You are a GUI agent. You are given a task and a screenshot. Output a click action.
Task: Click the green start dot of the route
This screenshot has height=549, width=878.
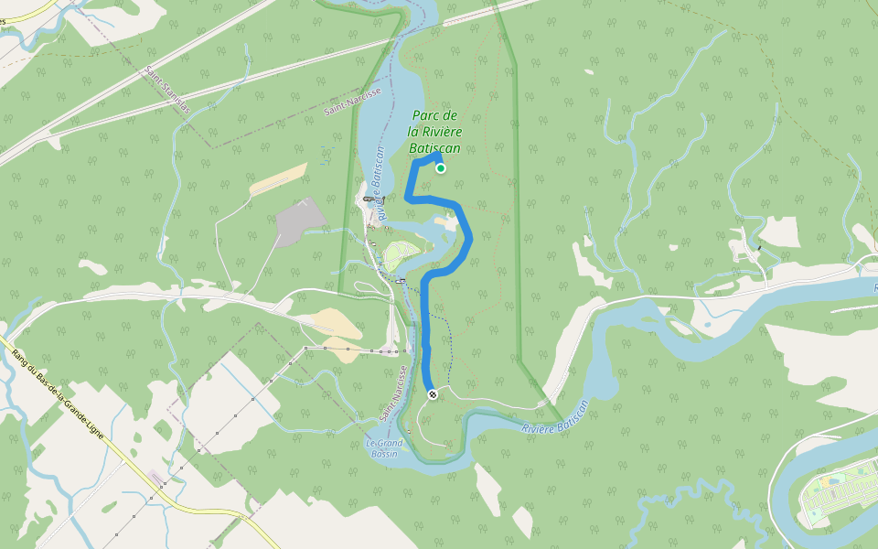pyautogui.click(x=441, y=168)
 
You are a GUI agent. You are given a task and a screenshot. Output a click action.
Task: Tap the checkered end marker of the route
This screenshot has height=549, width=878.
pyautogui.click(x=432, y=393)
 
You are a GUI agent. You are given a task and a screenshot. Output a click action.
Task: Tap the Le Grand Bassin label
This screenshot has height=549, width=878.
pyautogui.click(x=384, y=448)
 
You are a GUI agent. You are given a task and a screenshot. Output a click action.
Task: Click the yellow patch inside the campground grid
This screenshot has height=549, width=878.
pyautogui.click(x=828, y=480)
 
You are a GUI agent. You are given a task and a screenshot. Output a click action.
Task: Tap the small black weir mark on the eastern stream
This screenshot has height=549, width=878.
pyautogui.click(x=759, y=248)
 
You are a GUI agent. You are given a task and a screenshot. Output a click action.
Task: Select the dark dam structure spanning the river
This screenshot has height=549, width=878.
pyautogui.click(x=369, y=199)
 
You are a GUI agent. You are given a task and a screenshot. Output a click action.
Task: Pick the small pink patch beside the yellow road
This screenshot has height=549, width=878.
pyautogui.click(x=158, y=477)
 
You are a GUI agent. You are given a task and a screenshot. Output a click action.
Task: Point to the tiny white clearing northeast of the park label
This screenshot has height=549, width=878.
pyautogui.click(x=589, y=72)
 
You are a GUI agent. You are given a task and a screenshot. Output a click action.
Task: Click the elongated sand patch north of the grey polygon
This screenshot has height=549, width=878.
pyautogui.click(x=278, y=179)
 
